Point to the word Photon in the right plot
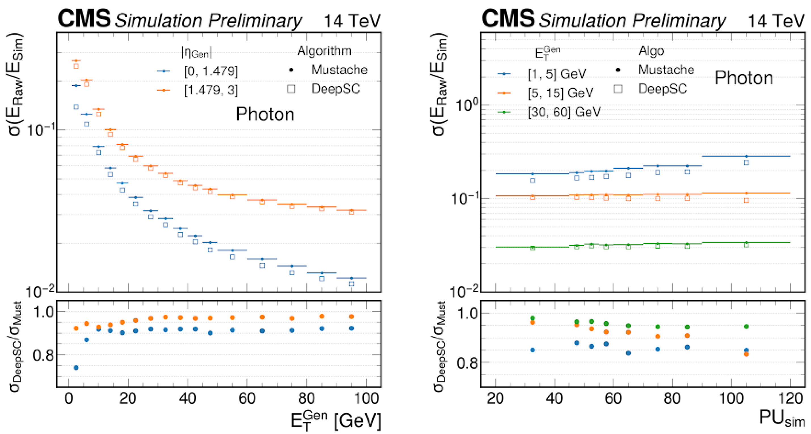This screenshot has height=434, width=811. pos(744,78)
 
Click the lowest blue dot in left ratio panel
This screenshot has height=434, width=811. pos(76,368)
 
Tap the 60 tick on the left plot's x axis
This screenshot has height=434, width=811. pos(247,399)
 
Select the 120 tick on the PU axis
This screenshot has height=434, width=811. pos(790,399)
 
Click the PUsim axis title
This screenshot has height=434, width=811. pos(782,419)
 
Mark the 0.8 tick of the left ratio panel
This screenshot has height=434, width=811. pos(43,355)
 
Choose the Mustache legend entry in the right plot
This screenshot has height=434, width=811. pos(655,70)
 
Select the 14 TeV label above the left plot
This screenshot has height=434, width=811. pos(352,21)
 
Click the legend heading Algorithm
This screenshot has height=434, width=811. pos(324,51)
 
